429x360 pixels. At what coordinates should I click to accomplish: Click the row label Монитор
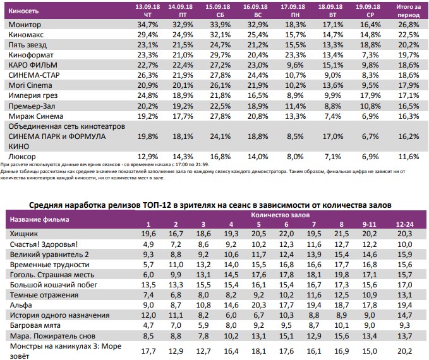tap(25, 24)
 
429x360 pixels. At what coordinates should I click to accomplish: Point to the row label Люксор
tap(23, 155)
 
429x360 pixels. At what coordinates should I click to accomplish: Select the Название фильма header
tap(39, 219)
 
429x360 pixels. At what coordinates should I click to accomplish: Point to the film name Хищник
tap(25, 234)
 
